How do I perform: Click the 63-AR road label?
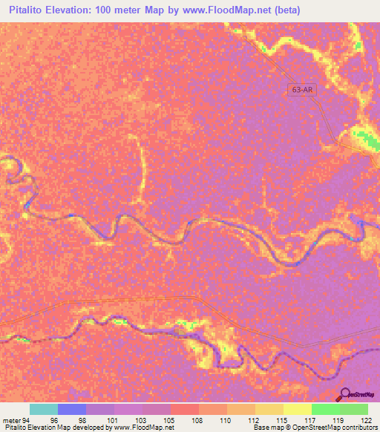click(x=301, y=90)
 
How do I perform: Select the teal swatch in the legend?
click(x=44, y=409)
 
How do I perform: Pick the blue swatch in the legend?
click(x=72, y=409)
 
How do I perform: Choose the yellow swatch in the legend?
click(x=297, y=409)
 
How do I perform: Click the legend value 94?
click(x=26, y=419)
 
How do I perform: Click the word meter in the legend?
click(x=11, y=419)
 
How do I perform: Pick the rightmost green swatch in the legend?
click(x=354, y=409)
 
